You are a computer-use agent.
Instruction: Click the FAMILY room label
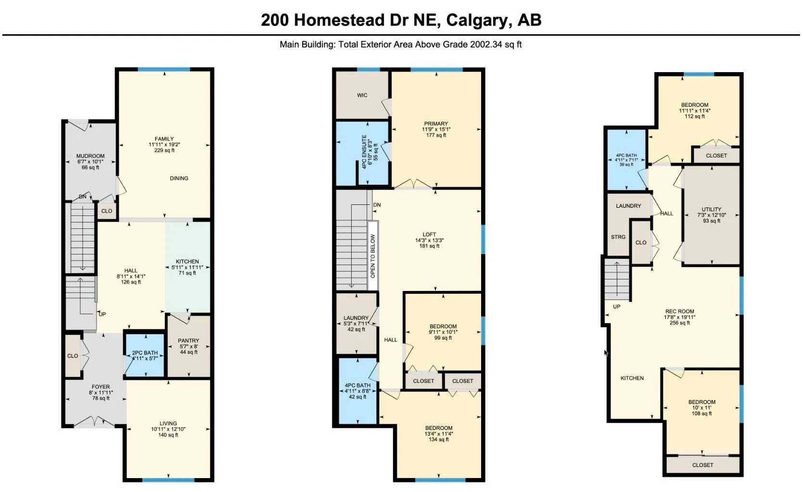click(x=164, y=139)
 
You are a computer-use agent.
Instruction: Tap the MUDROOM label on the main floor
click(x=90, y=156)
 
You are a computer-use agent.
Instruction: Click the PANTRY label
click(x=189, y=341)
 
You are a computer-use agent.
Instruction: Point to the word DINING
click(x=179, y=178)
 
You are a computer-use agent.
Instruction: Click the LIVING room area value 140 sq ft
click(x=168, y=435)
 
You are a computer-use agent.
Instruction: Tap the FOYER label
click(x=101, y=387)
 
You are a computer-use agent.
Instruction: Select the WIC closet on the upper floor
click(x=362, y=95)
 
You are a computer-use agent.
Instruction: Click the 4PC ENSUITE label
click(x=364, y=152)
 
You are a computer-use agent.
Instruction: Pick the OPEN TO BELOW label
click(x=373, y=256)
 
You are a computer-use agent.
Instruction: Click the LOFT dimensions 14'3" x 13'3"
click(x=430, y=240)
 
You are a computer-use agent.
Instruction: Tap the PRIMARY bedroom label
click(x=436, y=124)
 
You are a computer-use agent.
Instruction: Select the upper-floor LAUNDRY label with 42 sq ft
click(x=356, y=318)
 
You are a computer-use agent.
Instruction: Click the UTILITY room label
click(x=712, y=209)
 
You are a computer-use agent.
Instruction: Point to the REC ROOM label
click(x=680, y=311)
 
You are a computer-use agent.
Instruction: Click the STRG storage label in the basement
click(x=618, y=237)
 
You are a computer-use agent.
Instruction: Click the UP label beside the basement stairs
click(x=617, y=307)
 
